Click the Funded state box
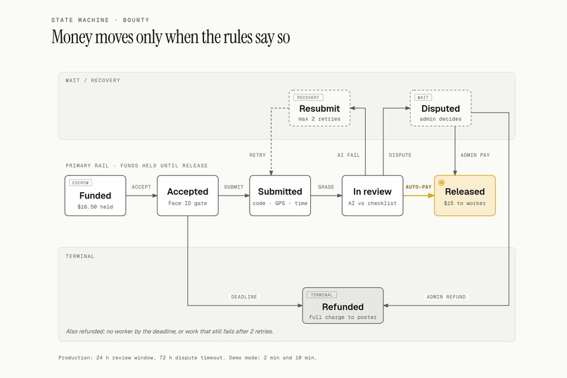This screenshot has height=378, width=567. click(x=95, y=196)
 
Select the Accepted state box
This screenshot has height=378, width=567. click(x=188, y=196)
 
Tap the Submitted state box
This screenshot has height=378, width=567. click(x=280, y=196)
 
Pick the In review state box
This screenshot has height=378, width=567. click(x=372, y=196)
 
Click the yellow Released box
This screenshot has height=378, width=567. click(x=465, y=196)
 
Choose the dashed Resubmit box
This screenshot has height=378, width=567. click(x=319, y=108)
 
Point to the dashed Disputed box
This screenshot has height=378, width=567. click(x=440, y=108)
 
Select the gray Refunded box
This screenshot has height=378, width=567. click(x=343, y=305)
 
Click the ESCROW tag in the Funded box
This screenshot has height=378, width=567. click(x=80, y=183)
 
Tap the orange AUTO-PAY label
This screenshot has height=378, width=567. click(x=419, y=187)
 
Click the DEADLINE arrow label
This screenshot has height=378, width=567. click(x=244, y=297)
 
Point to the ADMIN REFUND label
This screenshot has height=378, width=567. click(x=446, y=297)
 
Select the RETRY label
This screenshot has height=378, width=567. click(x=257, y=155)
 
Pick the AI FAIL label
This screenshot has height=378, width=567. click(x=349, y=155)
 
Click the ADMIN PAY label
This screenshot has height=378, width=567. click(x=475, y=155)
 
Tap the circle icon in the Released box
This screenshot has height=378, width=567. click(x=442, y=183)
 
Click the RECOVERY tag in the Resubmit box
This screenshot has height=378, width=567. click(x=308, y=97)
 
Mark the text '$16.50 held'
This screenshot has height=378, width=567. click(x=95, y=207)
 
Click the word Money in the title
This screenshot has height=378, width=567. click(x=72, y=37)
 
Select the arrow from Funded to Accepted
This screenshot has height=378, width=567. click(x=142, y=196)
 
